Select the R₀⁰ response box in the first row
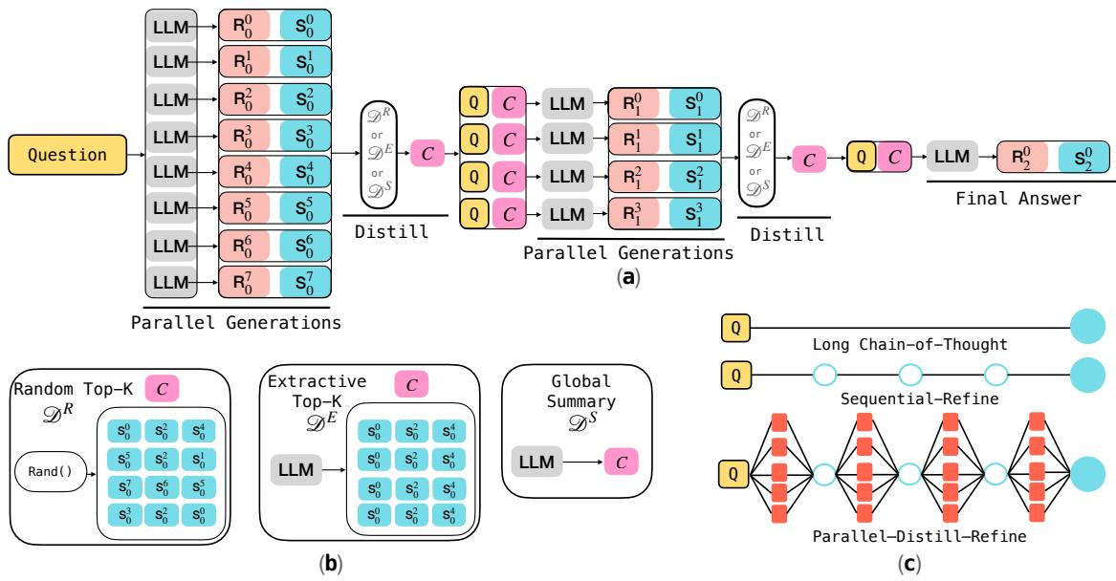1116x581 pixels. coord(245,27)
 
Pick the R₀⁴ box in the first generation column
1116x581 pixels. coord(245,171)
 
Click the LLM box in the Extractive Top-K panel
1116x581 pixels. coord(292,470)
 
